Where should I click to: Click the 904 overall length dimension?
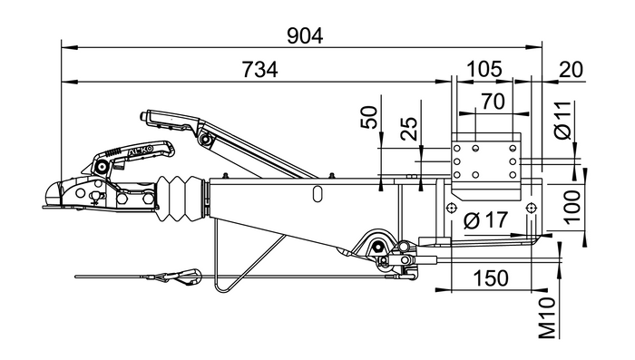[x=305, y=36]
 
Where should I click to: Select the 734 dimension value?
[x=260, y=70]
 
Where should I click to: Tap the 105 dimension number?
[x=484, y=69]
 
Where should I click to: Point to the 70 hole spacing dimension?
[x=493, y=102]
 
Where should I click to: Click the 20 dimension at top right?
[x=571, y=70]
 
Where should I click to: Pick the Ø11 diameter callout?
[x=562, y=121]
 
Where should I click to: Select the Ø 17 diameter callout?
[x=485, y=220]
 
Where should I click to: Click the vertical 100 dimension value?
[x=572, y=207]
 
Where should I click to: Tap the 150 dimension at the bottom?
[x=491, y=278]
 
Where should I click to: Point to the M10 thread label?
[x=547, y=318]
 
